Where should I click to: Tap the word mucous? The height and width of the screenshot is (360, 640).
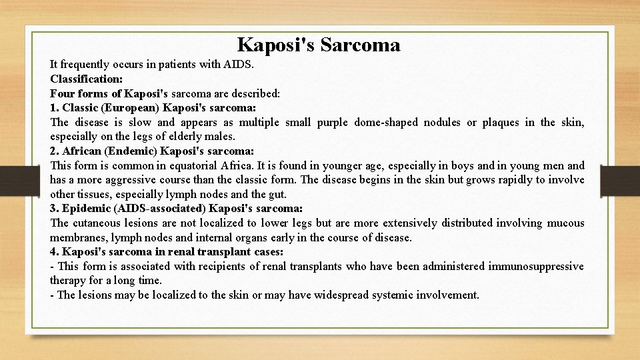(x=565, y=223)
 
